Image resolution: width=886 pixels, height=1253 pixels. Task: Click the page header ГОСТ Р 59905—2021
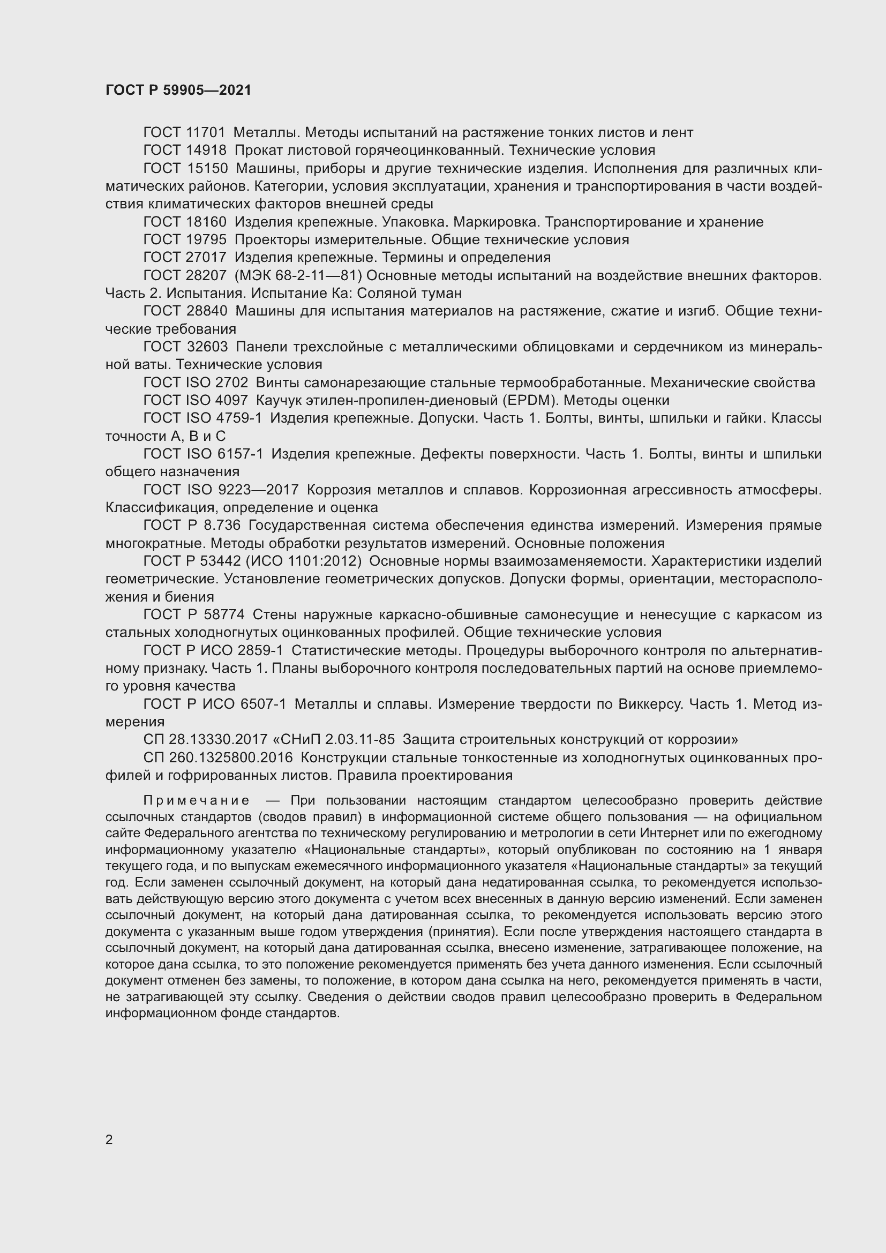click(178, 90)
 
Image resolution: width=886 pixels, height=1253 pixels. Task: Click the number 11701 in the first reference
click(206, 133)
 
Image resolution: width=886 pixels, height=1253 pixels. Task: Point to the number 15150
click(207, 169)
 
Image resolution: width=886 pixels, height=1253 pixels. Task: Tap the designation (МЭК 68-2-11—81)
click(298, 275)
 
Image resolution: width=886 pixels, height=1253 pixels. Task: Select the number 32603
click(207, 347)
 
